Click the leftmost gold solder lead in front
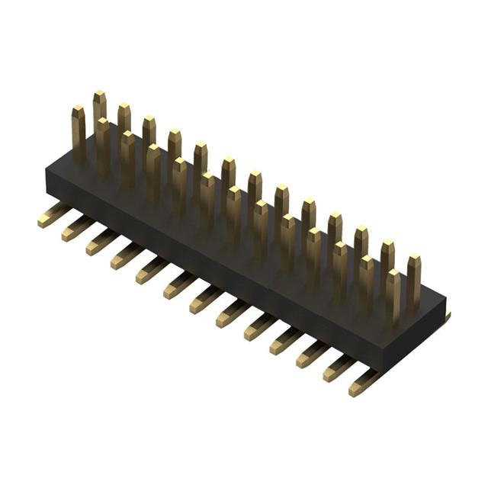pyautogui.click(x=52, y=216)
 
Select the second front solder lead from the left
pyautogui.click(x=76, y=228)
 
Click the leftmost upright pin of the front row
pyautogui.click(x=79, y=134)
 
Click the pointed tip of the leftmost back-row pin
pyautogui.click(x=100, y=95)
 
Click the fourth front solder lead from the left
pyautogui.click(x=126, y=256)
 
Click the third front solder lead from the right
pyautogui.click(x=311, y=354)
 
